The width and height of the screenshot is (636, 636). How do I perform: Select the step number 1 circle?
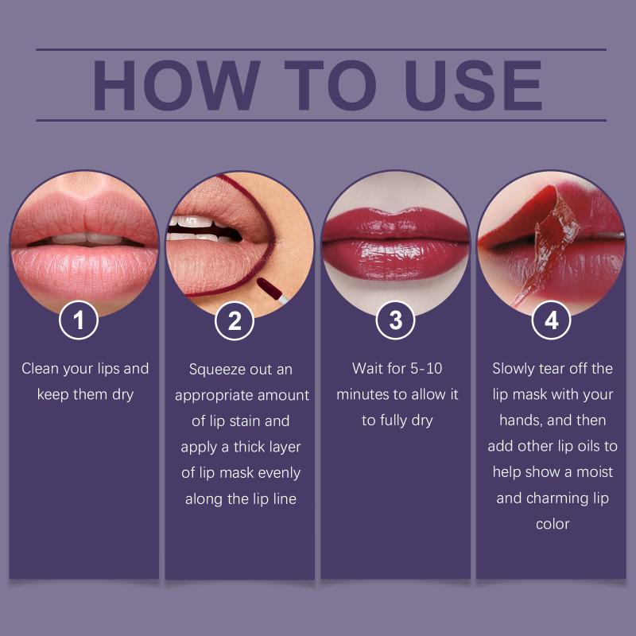click(79, 320)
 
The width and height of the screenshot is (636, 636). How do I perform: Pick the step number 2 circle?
click(235, 321)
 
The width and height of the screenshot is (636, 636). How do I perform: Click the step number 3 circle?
click(395, 320)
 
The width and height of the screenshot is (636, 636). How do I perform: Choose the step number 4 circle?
click(551, 320)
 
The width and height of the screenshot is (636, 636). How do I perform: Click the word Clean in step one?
click(40, 368)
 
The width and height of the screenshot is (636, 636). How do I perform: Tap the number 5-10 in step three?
click(426, 368)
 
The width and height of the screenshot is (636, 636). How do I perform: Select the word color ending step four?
click(553, 524)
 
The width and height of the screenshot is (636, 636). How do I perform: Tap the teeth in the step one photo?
click(87, 239)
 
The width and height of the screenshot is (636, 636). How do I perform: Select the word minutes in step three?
click(363, 394)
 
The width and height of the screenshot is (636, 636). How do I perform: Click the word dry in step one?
click(123, 395)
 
